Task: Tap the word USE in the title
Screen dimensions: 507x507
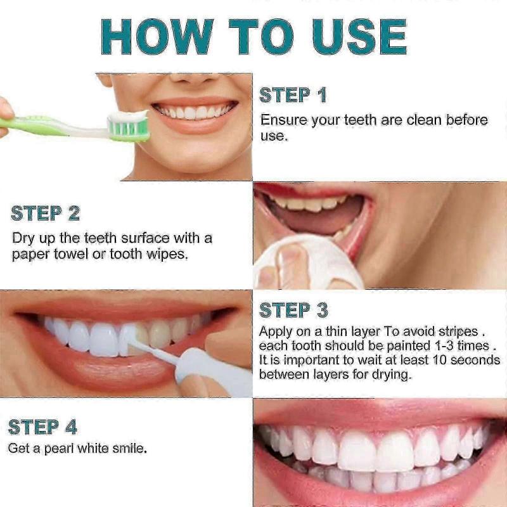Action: (357, 36)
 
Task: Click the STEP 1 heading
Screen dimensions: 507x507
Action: (293, 95)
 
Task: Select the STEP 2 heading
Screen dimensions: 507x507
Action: (45, 214)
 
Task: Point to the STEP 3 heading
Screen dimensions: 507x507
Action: (293, 310)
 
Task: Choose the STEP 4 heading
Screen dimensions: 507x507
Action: (42, 427)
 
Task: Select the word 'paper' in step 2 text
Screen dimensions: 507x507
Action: (29, 254)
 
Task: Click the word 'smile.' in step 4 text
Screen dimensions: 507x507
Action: (129, 449)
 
